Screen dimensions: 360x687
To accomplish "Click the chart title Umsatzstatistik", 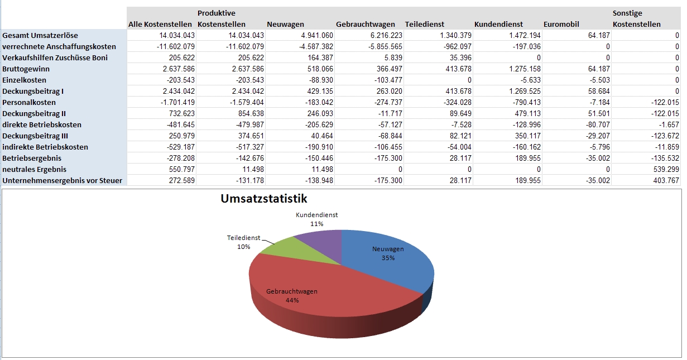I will (x=264, y=199).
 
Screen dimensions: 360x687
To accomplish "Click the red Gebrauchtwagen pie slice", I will (x=313, y=301).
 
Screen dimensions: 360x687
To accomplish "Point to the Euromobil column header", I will (x=561, y=24).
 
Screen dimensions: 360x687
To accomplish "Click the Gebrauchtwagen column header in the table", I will (x=365, y=24).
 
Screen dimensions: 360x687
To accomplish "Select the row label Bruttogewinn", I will (x=27, y=69).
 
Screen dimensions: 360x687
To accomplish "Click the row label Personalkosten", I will (x=29, y=102).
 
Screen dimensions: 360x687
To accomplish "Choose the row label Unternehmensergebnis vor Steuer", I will (x=62, y=180).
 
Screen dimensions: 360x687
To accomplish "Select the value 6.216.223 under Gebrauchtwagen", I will (x=386, y=35).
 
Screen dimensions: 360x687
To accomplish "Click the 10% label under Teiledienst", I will (x=243, y=247).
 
